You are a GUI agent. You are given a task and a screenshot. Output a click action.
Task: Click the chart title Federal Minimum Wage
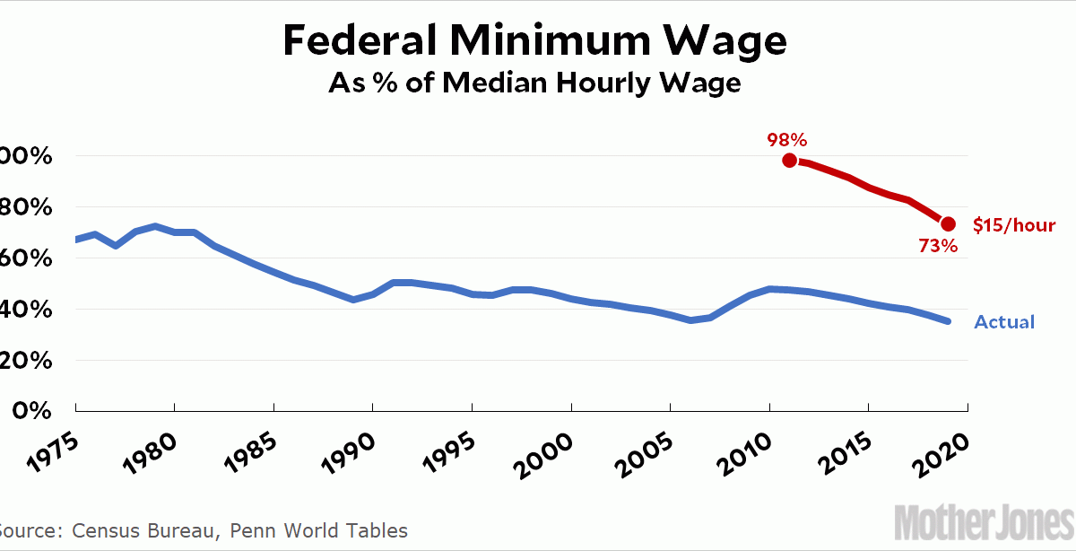coord(536,42)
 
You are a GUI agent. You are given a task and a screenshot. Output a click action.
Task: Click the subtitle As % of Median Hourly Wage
coord(536,83)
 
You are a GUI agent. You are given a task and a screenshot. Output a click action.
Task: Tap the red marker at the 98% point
coord(789,160)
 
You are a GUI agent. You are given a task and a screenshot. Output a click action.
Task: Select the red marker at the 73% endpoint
coord(948,223)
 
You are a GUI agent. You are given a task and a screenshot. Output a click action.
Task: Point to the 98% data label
coord(786,139)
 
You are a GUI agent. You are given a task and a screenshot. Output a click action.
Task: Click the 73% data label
coord(939,245)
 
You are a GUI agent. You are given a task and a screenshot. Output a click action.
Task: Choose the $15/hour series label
coord(1014,225)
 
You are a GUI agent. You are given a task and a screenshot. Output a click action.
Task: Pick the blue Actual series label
coord(1004,322)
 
